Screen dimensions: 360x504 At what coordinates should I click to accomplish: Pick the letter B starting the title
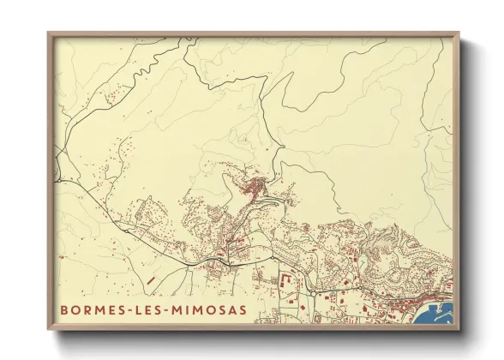coord(64,310)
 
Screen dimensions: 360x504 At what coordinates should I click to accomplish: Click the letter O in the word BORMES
coord(76,310)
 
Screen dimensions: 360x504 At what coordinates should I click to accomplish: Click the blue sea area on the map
coord(436,316)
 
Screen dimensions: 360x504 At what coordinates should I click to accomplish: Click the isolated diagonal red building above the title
coord(151,279)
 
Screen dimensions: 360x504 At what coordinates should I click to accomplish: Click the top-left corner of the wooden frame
coord(49,33)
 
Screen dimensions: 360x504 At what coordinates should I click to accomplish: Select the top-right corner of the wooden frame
coord(459,33)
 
